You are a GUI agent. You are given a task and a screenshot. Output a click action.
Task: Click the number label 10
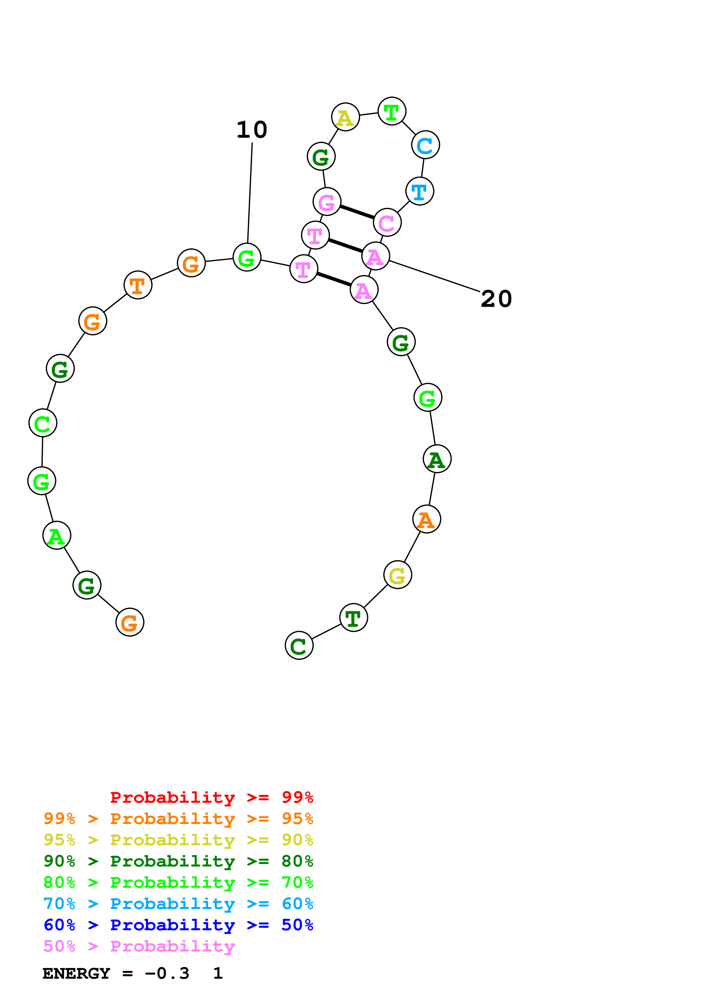click(252, 130)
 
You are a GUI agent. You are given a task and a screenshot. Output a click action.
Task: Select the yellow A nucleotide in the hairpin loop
click(345, 117)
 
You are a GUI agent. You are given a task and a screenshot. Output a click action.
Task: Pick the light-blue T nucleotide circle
click(420, 191)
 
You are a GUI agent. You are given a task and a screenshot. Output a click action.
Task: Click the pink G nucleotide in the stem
click(327, 202)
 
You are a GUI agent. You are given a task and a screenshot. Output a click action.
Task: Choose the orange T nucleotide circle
click(138, 285)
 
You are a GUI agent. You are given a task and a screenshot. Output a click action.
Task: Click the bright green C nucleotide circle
click(43, 423)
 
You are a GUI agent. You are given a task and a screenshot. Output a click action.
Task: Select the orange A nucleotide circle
click(427, 519)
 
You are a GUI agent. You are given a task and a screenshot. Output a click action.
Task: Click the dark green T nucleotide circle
click(353, 618)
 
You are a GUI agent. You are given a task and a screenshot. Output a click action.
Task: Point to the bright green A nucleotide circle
click(57, 536)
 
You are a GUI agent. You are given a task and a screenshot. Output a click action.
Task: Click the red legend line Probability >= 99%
click(211, 797)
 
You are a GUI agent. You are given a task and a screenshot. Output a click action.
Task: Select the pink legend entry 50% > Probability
click(139, 946)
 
